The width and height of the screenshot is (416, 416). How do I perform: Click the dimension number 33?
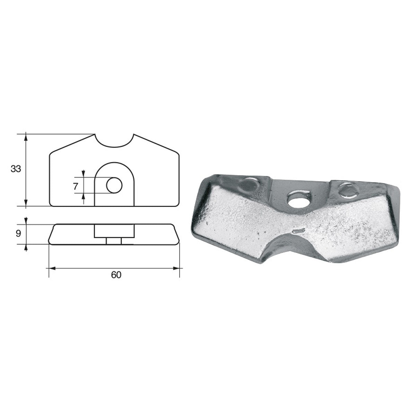(x=16, y=169)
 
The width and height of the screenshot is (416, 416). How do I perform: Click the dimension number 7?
(x=76, y=186)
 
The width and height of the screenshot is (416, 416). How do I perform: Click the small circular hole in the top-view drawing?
(x=114, y=185)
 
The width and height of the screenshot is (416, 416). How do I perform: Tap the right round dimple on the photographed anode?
(x=346, y=189)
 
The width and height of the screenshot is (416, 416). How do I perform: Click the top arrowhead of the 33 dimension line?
(x=26, y=138)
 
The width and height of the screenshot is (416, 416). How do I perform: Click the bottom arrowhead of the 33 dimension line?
(x=26, y=203)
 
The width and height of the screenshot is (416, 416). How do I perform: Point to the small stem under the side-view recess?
(x=114, y=241)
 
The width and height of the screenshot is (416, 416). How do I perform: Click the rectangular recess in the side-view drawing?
(x=114, y=231)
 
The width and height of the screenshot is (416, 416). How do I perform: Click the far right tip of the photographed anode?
(x=399, y=190)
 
